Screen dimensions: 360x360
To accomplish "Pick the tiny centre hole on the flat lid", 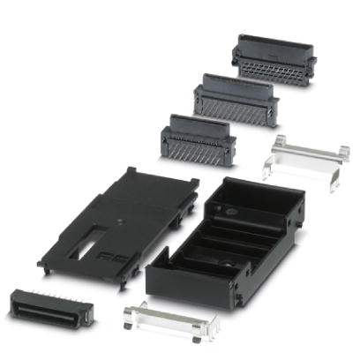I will (116, 215).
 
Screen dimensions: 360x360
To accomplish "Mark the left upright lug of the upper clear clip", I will (277, 144).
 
